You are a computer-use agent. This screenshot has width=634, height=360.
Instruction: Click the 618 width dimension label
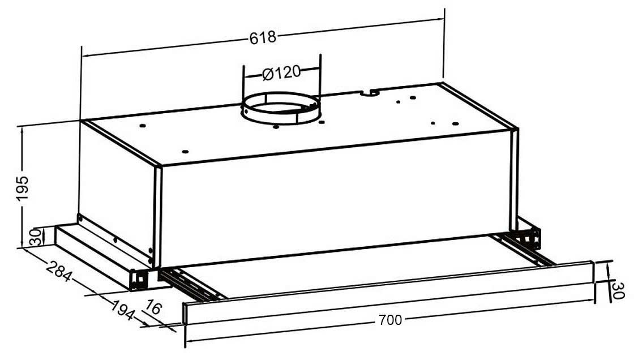tap(263, 38)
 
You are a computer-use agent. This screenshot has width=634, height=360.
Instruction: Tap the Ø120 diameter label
tap(281, 73)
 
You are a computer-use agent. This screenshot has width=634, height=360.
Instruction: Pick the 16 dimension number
tap(153, 309)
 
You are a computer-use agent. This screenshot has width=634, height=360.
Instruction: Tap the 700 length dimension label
tap(390, 320)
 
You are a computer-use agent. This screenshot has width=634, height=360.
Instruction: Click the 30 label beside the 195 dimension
tap(36, 237)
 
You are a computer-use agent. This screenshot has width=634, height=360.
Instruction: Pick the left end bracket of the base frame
tap(139, 278)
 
